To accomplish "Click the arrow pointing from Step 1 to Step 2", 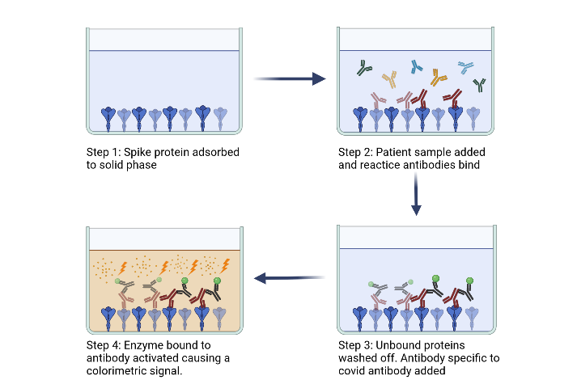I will click(289, 79).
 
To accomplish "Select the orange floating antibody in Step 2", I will click(439, 78).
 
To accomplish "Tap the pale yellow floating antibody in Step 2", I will click(389, 78).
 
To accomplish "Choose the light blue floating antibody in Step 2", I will click(467, 65).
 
